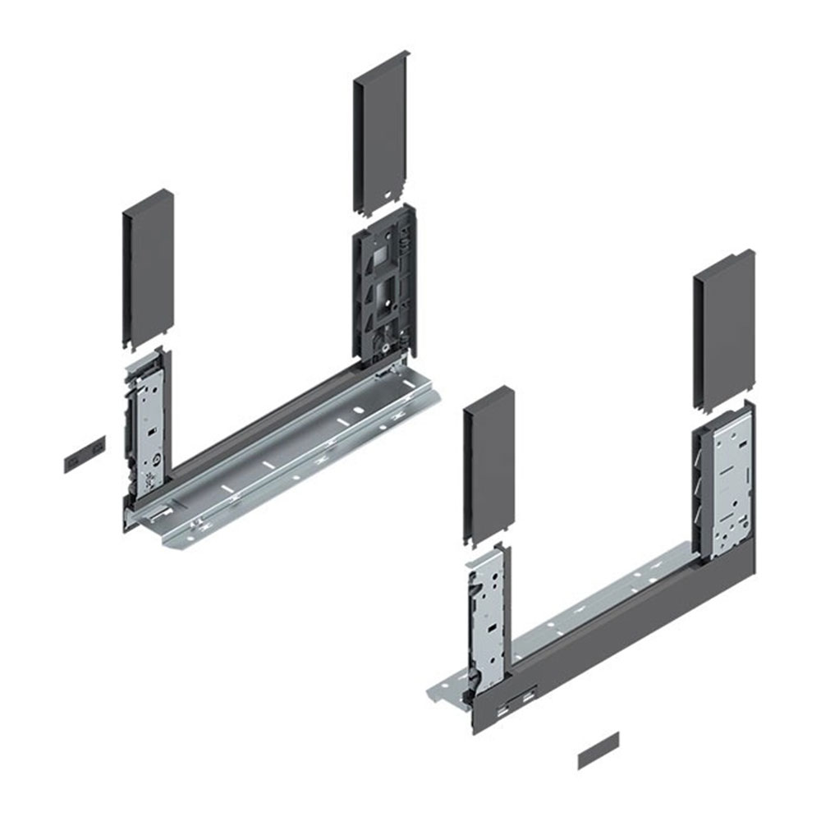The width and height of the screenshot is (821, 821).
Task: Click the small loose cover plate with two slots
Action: [x=85, y=452]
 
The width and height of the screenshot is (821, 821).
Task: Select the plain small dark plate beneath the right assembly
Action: [x=599, y=750]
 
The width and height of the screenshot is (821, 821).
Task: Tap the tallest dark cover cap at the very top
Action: [x=381, y=131]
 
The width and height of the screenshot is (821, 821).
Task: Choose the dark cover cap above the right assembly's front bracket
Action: [x=488, y=463]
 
